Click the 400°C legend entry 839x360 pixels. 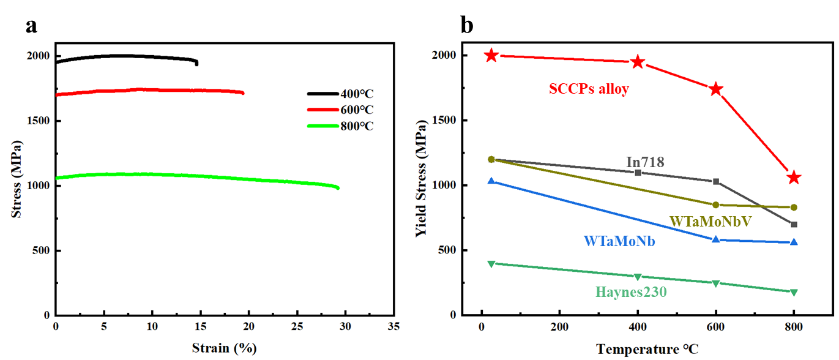coord(340,94)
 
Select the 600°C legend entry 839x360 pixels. coord(340,110)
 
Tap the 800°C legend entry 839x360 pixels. coord(340,126)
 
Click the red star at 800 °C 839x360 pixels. coord(794,178)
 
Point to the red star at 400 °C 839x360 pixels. coord(638,62)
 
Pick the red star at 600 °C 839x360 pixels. coord(715,89)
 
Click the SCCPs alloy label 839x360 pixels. coord(588,89)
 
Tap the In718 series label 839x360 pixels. coord(645,162)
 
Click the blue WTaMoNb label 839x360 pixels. coord(619,241)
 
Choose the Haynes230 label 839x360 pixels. coord(631,293)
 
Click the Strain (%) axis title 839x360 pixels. coord(224,348)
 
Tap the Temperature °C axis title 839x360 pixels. coord(647,350)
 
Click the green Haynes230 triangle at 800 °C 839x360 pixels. coord(794,292)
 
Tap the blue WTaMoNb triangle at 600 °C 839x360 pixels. coord(715,239)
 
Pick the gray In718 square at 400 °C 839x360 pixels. coord(638,173)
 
